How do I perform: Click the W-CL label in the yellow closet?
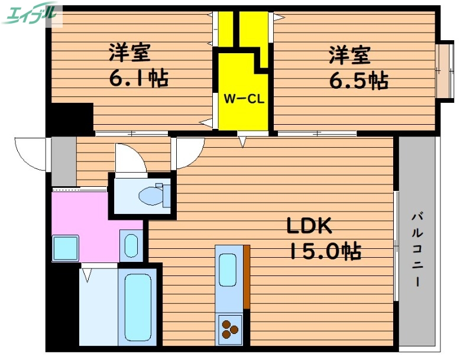[x=243, y=99]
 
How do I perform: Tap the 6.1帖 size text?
[x=138, y=77]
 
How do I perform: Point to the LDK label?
[x=310, y=226]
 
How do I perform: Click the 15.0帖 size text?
[x=325, y=252]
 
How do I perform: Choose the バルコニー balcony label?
[x=417, y=248]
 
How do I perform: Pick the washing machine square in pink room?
[x=66, y=248]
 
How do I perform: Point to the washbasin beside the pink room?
[x=131, y=244]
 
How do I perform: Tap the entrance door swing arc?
[x=31, y=153]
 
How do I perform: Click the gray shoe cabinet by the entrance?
[x=64, y=161]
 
